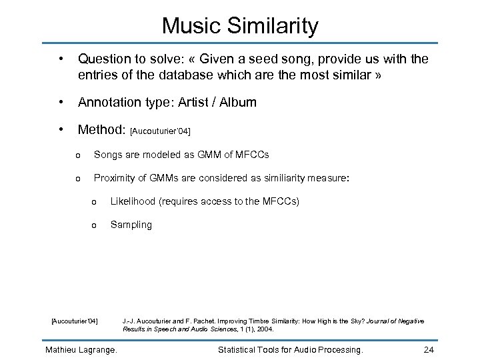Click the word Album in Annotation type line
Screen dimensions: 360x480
(x=238, y=102)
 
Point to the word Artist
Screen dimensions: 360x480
(x=197, y=102)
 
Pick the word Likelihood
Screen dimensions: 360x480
(x=133, y=201)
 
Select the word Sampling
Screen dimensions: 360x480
(x=131, y=225)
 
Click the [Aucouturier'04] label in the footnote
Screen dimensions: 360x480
(x=75, y=321)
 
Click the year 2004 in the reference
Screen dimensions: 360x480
(x=264, y=329)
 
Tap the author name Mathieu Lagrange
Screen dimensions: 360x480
(x=81, y=349)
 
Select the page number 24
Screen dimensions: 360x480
(x=429, y=349)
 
